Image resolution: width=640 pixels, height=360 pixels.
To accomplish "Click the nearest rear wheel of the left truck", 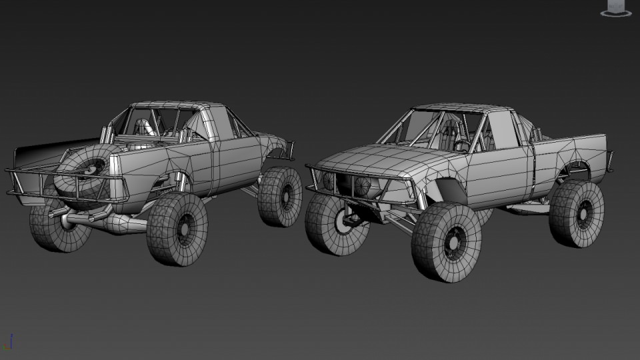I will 177,229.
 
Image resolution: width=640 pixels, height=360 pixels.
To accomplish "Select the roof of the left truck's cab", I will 177,107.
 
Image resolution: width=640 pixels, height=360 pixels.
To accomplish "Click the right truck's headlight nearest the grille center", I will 363,185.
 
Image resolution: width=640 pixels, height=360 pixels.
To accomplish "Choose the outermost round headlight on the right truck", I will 329,180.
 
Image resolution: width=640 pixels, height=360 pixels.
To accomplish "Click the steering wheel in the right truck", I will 461,145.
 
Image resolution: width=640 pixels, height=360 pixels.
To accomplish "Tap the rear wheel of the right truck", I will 577,213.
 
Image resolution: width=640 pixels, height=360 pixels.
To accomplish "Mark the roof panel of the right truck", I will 460,108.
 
